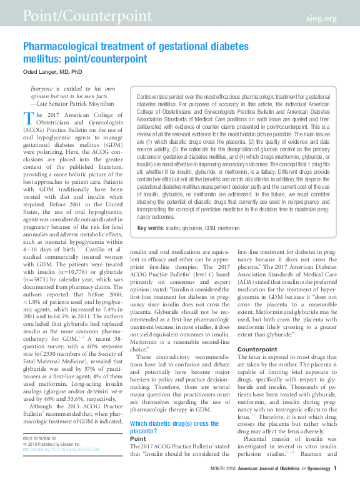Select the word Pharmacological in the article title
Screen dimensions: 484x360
59,47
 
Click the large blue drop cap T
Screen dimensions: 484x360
28,121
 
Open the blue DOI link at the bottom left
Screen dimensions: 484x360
53,466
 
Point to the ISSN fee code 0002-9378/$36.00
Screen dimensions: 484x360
39,456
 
